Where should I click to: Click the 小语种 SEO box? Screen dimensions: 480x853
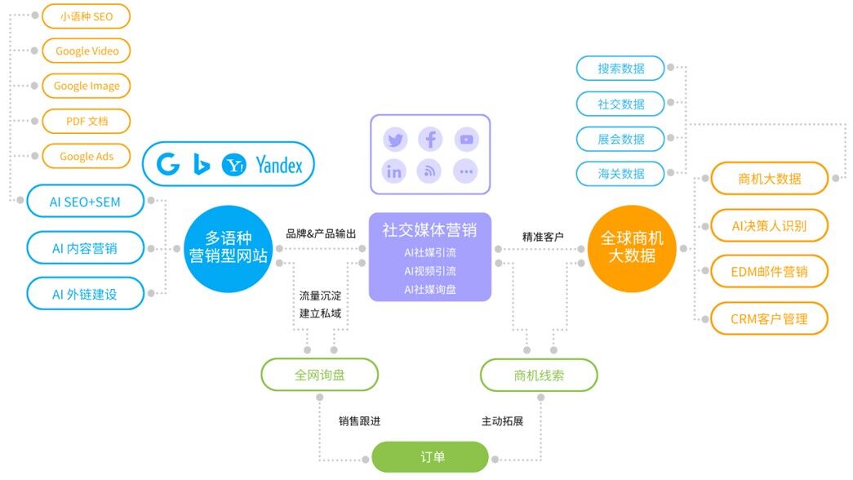pos(86,16)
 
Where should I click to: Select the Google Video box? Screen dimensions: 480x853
pos(86,51)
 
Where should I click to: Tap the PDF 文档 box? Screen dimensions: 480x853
pos(86,121)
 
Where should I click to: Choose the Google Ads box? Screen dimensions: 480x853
pos(86,156)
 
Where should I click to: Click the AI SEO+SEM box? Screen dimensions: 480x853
pos(85,202)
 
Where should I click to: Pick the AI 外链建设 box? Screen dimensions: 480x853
pos(85,294)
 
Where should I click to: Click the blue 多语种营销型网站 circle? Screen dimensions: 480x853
pos(227,247)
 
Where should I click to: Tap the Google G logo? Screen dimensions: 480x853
pos(169,165)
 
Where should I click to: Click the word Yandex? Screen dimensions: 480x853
pos(279,166)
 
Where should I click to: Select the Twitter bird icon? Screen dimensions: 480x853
pos(396,139)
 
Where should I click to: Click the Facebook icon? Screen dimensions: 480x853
pos(430,139)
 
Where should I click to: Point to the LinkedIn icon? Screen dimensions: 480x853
pos(396,171)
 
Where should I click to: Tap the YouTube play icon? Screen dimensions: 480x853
pos(466,139)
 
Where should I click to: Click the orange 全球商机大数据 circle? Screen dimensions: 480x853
pos(632,247)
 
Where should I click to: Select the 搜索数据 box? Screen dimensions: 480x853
pos(620,69)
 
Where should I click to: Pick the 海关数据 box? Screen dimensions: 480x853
pos(620,174)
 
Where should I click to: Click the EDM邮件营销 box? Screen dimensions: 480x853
pos(769,272)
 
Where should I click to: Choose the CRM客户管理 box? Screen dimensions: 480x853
pos(769,318)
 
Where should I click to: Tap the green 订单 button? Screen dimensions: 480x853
pos(430,457)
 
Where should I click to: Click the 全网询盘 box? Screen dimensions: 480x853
pos(320,375)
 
